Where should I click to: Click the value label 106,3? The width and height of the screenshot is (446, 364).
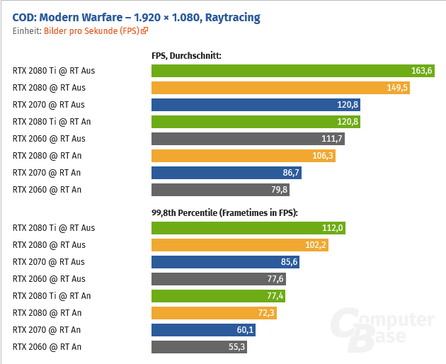pos(322,156)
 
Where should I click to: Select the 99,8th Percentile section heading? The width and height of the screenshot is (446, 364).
pos(224,212)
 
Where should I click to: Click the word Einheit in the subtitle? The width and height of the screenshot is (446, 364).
pos(26,31)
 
